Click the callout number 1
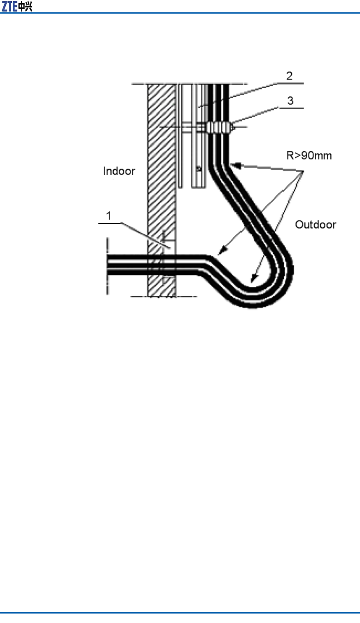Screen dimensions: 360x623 point(109,215)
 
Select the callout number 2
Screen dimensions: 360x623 point(290,76)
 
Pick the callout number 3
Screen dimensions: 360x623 point(290,101)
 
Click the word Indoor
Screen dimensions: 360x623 point(119,171)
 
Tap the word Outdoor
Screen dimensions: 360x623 point(316,225)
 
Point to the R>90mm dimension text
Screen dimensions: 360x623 point(309,155)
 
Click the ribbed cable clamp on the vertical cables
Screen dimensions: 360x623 point(218,127)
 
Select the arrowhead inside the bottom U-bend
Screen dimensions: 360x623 point(253,279)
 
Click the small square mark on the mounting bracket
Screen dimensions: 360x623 point(199,169)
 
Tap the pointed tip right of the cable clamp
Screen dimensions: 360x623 point(234,127)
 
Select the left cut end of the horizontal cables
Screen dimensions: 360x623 point(108,265)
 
